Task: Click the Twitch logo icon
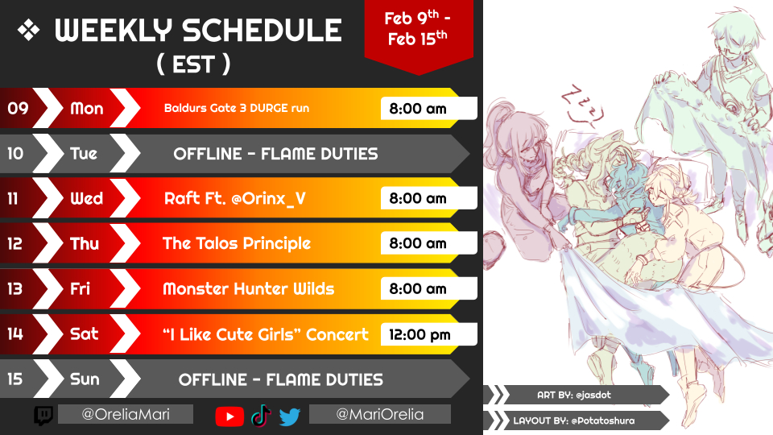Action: click(43, 416)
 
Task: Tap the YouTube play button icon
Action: click(229, 416)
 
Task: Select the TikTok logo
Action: click(261, 416)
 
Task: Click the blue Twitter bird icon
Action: click(290, 416)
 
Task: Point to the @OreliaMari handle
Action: click(126, 414)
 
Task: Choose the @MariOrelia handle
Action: click(379, 414)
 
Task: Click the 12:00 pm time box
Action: click(428, 334)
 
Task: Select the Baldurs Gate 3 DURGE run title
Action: click(237, 108)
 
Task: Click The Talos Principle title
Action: click(237, 243)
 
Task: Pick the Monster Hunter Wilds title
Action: click(249, 288)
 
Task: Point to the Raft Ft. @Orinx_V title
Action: click(234, 198)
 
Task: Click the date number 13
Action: click(14, 288)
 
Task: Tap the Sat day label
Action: click(85, 333)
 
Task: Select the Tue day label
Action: click(84, 153)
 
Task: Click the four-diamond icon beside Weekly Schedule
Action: click(29, 31)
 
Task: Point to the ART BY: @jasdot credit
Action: click(574, 395)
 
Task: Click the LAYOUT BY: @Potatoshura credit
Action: click(574, 420)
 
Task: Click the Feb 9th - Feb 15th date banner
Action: click(418, 30)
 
